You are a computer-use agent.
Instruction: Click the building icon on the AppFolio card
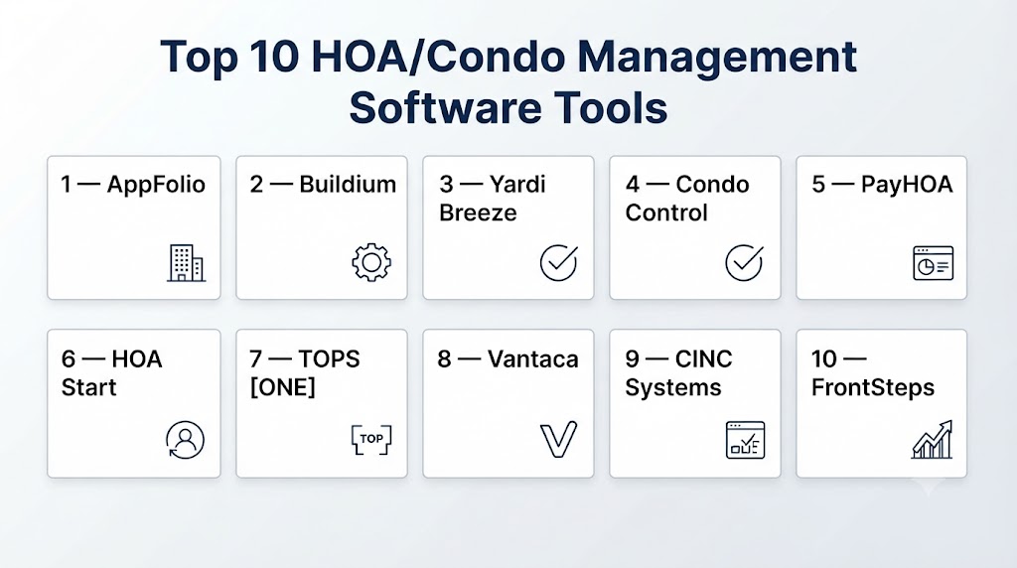click(186, 262)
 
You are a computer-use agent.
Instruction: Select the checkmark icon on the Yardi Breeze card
click(558, 262)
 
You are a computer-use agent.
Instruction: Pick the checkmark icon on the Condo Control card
click(744, 262)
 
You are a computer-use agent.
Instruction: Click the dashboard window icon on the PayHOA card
click(933, 262)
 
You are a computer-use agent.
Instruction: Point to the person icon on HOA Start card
click(185, 440)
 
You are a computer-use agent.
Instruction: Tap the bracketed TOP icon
click(371, 440)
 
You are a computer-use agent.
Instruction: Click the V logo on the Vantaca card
click(558, 440)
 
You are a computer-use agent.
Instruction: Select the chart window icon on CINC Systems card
click(745, 440)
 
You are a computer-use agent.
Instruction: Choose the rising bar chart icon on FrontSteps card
click(932, 440)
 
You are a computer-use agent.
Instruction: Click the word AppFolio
click(156, 185)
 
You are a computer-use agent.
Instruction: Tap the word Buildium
click(348, 184)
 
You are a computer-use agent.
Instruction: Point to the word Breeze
click(478, 213)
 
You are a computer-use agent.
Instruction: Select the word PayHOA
click(907, 185)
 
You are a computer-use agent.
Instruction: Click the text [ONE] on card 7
click(283, 387)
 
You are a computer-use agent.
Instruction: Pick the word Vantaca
click(532, 358)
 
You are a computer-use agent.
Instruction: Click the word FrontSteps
click(873, 387)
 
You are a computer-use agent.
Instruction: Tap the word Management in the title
click(717, 57)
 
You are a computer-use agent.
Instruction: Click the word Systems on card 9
click(673, 387)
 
